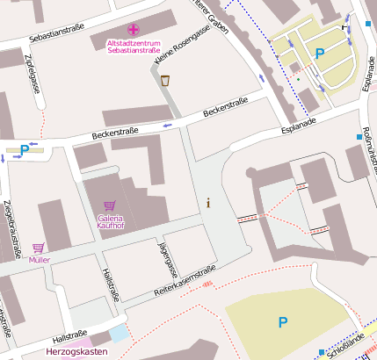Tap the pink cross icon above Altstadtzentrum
point(134,30)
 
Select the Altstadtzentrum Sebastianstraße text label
point(134,47)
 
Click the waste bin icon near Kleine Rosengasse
point(165,81)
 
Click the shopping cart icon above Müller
point(39,248)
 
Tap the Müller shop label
point(40,261)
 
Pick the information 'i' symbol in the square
point(208,203)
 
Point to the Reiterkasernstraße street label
point(185,282)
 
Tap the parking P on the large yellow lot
point(282,322)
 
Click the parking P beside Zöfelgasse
point(25,150)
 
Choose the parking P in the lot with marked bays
point(320,54)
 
